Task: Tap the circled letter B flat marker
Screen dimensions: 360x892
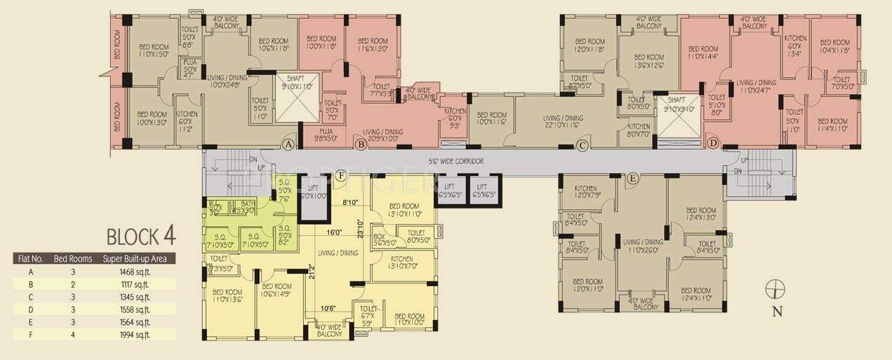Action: click(x=360, y=145)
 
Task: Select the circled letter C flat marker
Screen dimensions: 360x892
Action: click(x=582, y=145)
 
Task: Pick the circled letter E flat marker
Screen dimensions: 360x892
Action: click(x=632, y=179)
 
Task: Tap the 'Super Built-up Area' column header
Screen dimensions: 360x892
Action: click(x=139, y=258)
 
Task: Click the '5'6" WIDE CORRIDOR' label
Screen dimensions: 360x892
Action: click(x=456, y=161)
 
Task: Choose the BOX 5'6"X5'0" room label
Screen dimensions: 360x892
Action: click(x=385, y=239)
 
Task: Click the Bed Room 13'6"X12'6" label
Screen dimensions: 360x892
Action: click(x=649, y=62)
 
